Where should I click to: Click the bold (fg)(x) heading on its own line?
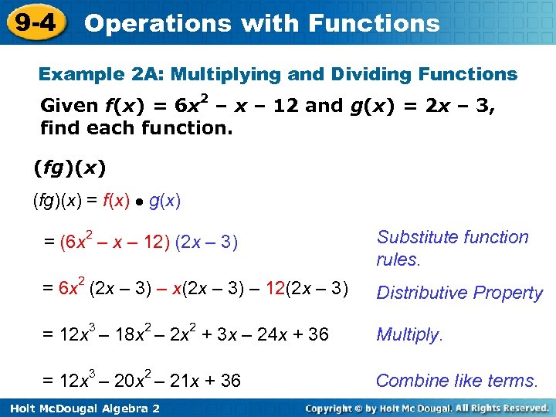tap(69, 166)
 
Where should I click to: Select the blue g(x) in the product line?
tap(164, 202)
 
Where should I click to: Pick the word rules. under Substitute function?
tap(398, 259)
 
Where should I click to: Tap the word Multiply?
tap(409, 334)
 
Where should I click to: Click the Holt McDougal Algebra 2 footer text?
tap(81, 408)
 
